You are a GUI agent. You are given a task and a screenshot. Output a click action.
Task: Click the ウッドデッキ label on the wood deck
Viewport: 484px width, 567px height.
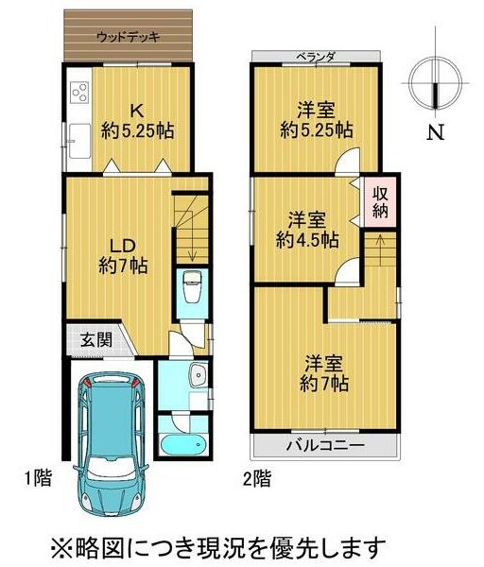tap(128, 37)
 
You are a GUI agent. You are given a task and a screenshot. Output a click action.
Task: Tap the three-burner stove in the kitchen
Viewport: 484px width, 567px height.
tap(80, 92)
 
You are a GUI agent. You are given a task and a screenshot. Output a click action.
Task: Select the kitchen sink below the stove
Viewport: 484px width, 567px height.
tap(79, 141)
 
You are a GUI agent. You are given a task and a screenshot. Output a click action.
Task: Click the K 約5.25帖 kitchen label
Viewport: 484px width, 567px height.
tap(137, 122)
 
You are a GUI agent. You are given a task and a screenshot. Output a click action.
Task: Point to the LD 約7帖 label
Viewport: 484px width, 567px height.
tap(123, 256)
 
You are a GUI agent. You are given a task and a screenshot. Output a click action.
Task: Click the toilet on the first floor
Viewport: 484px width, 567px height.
tap(193, 286)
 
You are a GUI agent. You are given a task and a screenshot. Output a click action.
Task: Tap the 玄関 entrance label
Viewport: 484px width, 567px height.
tap(96, 339)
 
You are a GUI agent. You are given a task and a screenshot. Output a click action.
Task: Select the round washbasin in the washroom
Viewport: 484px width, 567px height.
tap(199, 375)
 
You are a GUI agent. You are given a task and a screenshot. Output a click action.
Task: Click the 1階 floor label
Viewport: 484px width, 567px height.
tap(38, 477)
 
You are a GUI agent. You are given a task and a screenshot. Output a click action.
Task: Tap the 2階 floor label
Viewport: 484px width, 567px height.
tap(256, 478)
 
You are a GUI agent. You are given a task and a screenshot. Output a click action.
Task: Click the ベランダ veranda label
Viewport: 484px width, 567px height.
tap(317, 57)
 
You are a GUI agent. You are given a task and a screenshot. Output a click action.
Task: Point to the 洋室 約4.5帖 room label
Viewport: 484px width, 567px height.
tap(307, 230)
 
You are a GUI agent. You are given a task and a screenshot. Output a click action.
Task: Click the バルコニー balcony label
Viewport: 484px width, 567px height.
tap(325, 445)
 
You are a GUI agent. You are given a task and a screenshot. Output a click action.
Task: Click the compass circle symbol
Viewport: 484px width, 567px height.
tap(435, 83)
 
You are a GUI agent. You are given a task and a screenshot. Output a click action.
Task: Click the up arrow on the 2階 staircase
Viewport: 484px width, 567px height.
tap(380, 250)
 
